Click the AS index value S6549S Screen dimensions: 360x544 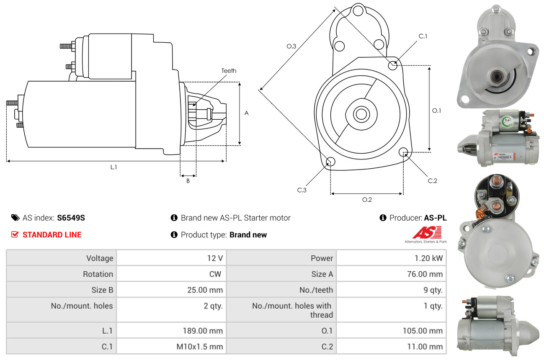71,218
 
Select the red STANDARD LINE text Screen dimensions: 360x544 52,235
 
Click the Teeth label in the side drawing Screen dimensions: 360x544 229,71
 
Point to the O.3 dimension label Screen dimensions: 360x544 291,46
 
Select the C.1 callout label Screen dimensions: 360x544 423,36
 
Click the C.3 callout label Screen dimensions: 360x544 302,190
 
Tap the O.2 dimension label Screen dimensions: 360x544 367,200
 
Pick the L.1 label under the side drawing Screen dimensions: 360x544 113,167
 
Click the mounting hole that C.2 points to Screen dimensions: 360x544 403,152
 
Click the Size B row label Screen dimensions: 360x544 102,290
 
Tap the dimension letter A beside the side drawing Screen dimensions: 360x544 247,113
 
